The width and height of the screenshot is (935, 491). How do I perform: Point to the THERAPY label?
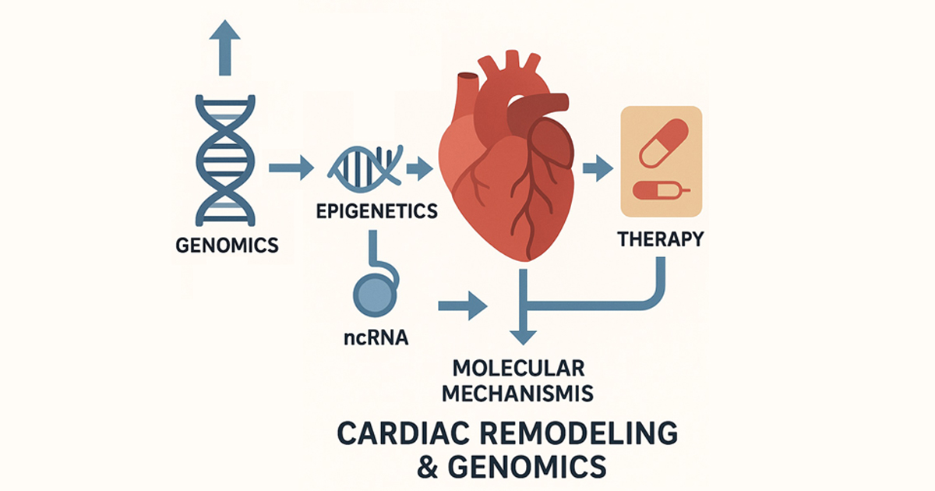(660, 238)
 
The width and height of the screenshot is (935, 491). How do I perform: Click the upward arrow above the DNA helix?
(225, 48)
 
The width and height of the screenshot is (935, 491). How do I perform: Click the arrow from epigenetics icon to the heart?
(419, 167)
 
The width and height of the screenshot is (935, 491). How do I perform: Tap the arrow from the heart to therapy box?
(598, 167)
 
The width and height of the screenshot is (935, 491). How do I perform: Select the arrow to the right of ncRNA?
(463, 305)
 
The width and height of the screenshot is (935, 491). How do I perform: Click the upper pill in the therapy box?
(663, 142)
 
